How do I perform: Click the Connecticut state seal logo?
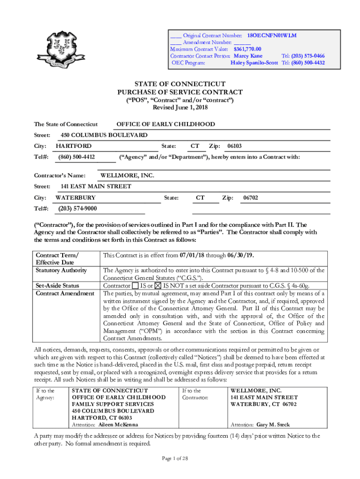(x=63, y=52)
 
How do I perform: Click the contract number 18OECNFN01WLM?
(x=272, y=36)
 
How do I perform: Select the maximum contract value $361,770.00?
(x=247, y=49)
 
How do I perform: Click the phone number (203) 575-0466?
(x=303, y=56)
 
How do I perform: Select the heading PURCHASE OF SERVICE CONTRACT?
(x=180, y=92)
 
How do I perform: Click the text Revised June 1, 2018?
(x=180, y=108)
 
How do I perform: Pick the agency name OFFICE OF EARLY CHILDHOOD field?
(x=166, y=124)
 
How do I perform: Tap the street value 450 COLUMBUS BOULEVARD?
(x=104, y=135)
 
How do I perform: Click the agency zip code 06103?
(x=234, y=146)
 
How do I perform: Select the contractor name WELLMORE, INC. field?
(x=127, y=176)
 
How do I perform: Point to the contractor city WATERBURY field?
(x=76, y=198)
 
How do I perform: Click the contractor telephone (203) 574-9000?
(x=78, y=209)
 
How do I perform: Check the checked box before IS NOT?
(x=158, y=285)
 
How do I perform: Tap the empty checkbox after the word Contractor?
(x=135, y=285)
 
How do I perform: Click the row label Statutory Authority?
(x=61, y=270)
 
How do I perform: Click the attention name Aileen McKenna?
(x=118, y=425)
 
